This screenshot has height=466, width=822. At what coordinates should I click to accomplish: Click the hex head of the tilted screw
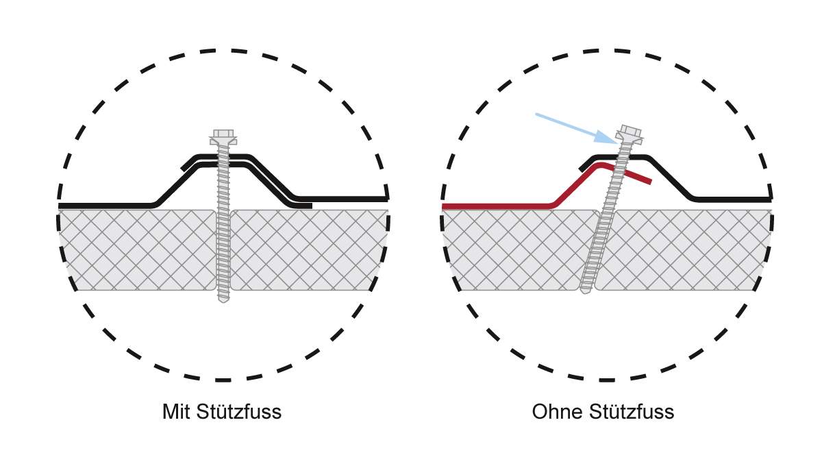point(630,131)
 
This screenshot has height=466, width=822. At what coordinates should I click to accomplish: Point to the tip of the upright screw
point(223,299)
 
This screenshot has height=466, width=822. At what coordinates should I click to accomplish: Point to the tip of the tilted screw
point(584,291)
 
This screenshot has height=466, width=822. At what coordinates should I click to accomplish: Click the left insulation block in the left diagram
point(137,249)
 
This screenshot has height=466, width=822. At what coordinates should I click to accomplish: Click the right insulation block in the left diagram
point(308,249)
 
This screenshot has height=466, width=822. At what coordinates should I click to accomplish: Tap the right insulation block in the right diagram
point(685,249)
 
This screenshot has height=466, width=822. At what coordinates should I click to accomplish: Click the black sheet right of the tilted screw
point(726,199)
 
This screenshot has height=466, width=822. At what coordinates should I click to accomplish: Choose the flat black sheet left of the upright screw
point(103,205)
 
